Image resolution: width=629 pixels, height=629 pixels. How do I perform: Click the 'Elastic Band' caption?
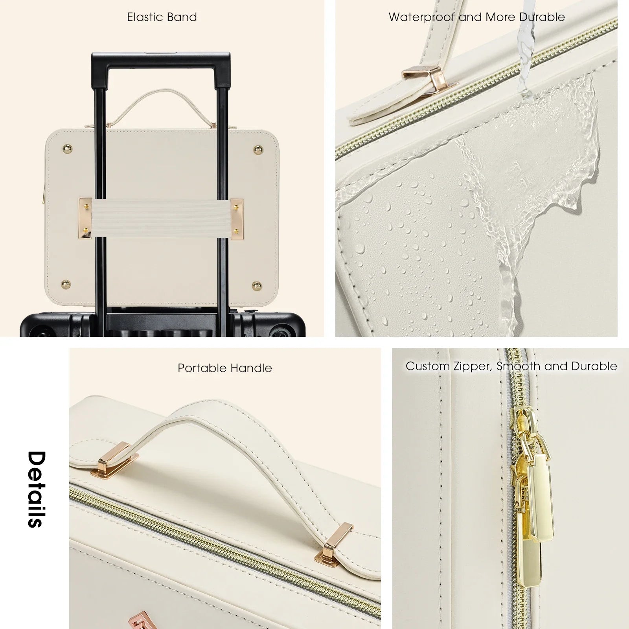[162, 17]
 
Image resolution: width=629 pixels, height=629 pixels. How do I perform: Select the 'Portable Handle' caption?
[224, 368]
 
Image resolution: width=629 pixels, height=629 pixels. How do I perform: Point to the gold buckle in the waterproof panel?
[429, 82]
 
